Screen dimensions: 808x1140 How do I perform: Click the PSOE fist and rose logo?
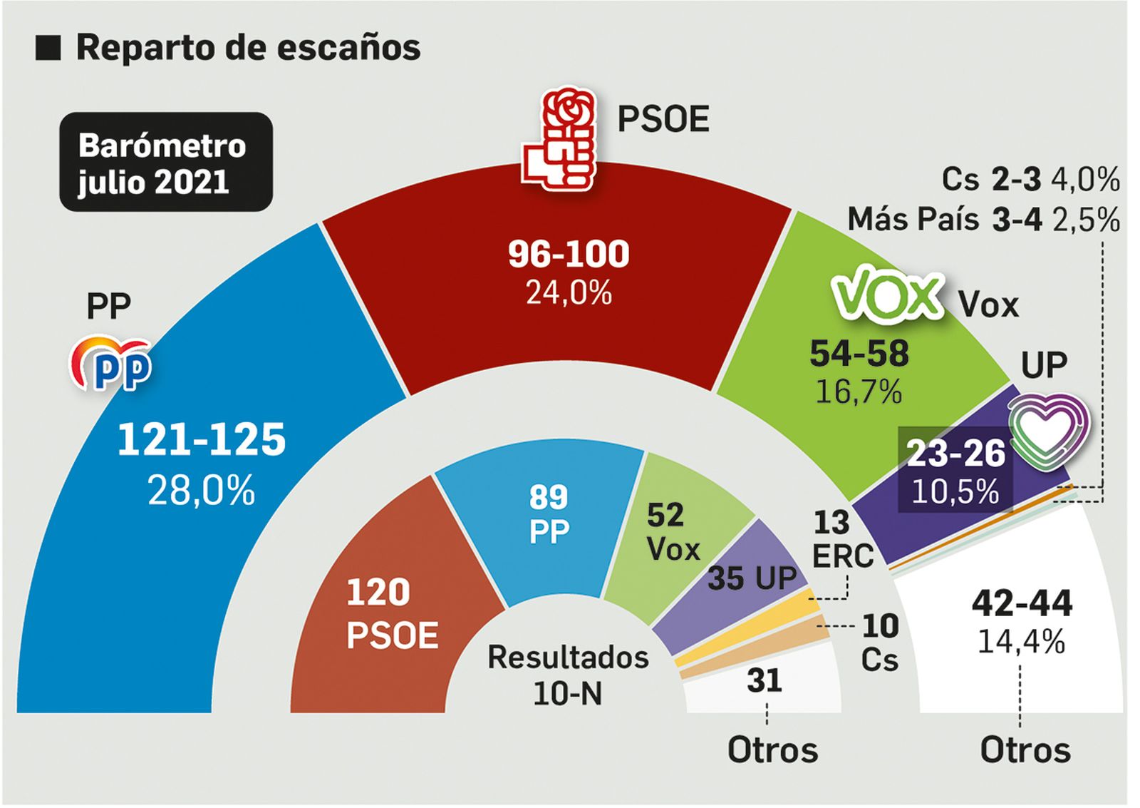559,140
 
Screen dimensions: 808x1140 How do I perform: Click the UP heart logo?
1048,429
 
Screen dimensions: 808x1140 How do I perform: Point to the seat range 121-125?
202,439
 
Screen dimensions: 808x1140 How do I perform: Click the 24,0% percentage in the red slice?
569,292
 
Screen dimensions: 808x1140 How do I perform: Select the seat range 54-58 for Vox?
859,354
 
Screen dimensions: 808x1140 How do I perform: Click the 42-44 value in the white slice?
1022,603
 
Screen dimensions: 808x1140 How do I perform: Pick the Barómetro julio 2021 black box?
165,163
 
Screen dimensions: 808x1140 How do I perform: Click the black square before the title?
48,48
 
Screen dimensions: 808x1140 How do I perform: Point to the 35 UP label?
752,578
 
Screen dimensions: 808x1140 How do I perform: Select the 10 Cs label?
880,643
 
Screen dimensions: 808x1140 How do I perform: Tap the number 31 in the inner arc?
765,680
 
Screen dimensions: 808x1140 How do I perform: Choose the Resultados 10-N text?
568,675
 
